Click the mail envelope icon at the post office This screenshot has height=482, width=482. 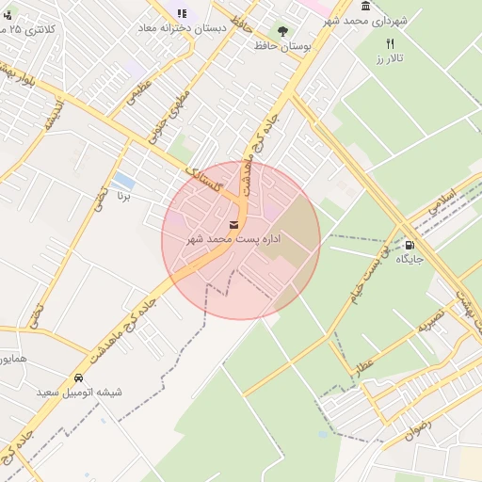pos(233,224)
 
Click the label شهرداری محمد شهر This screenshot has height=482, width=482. pos(369,20)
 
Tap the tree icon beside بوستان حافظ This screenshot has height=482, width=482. pos(282,31)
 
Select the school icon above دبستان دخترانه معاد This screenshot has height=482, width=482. pos(182,13)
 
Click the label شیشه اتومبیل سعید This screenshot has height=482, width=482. pos(79,392)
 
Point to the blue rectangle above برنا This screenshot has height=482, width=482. pos(122,180)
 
